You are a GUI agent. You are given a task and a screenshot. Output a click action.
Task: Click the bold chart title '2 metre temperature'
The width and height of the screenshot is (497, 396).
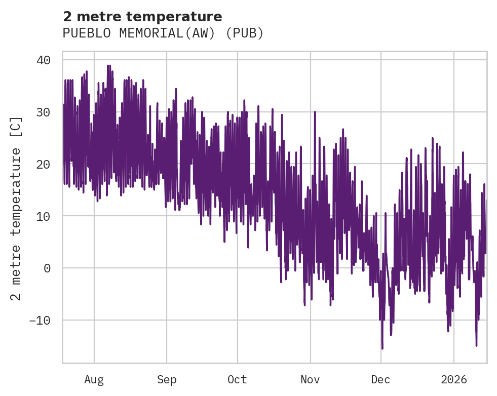point(142,17)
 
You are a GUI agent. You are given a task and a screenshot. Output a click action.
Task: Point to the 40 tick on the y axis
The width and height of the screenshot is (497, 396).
point(44,60)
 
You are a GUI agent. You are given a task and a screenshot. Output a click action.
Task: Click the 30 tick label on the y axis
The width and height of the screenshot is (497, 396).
point(44,112)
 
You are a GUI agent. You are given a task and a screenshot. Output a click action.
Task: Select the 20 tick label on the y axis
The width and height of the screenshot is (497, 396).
point(44,164)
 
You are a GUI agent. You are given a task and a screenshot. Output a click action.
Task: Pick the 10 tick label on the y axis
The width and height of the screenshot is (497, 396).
point(44,216)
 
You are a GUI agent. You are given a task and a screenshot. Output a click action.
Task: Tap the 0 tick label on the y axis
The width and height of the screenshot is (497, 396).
point(47,268)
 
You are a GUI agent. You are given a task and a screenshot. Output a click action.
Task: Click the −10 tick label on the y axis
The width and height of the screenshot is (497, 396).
point(41,321)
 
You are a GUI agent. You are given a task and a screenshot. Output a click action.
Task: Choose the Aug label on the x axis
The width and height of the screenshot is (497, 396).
point(94,380)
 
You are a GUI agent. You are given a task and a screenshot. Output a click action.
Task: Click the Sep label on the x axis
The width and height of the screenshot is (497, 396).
point(166,380)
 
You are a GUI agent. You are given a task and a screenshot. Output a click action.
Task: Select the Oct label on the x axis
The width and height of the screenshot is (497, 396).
point(237,380)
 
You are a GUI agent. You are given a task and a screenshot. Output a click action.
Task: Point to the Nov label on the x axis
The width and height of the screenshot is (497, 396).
point(310,380)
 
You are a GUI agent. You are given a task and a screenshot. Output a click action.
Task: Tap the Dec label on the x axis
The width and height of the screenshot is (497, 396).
point(380,380)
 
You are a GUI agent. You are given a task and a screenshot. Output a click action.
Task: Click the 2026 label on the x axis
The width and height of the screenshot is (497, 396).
point(453,380)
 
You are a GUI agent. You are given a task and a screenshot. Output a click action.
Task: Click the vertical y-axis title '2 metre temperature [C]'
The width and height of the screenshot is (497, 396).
point(17,208)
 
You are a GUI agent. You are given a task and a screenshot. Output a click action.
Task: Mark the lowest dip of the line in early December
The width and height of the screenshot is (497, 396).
point(383,348)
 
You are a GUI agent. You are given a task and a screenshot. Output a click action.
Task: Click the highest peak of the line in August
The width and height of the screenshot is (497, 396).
point(108,65)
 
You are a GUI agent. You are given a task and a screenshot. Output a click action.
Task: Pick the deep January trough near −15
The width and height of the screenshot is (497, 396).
point(476,345)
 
